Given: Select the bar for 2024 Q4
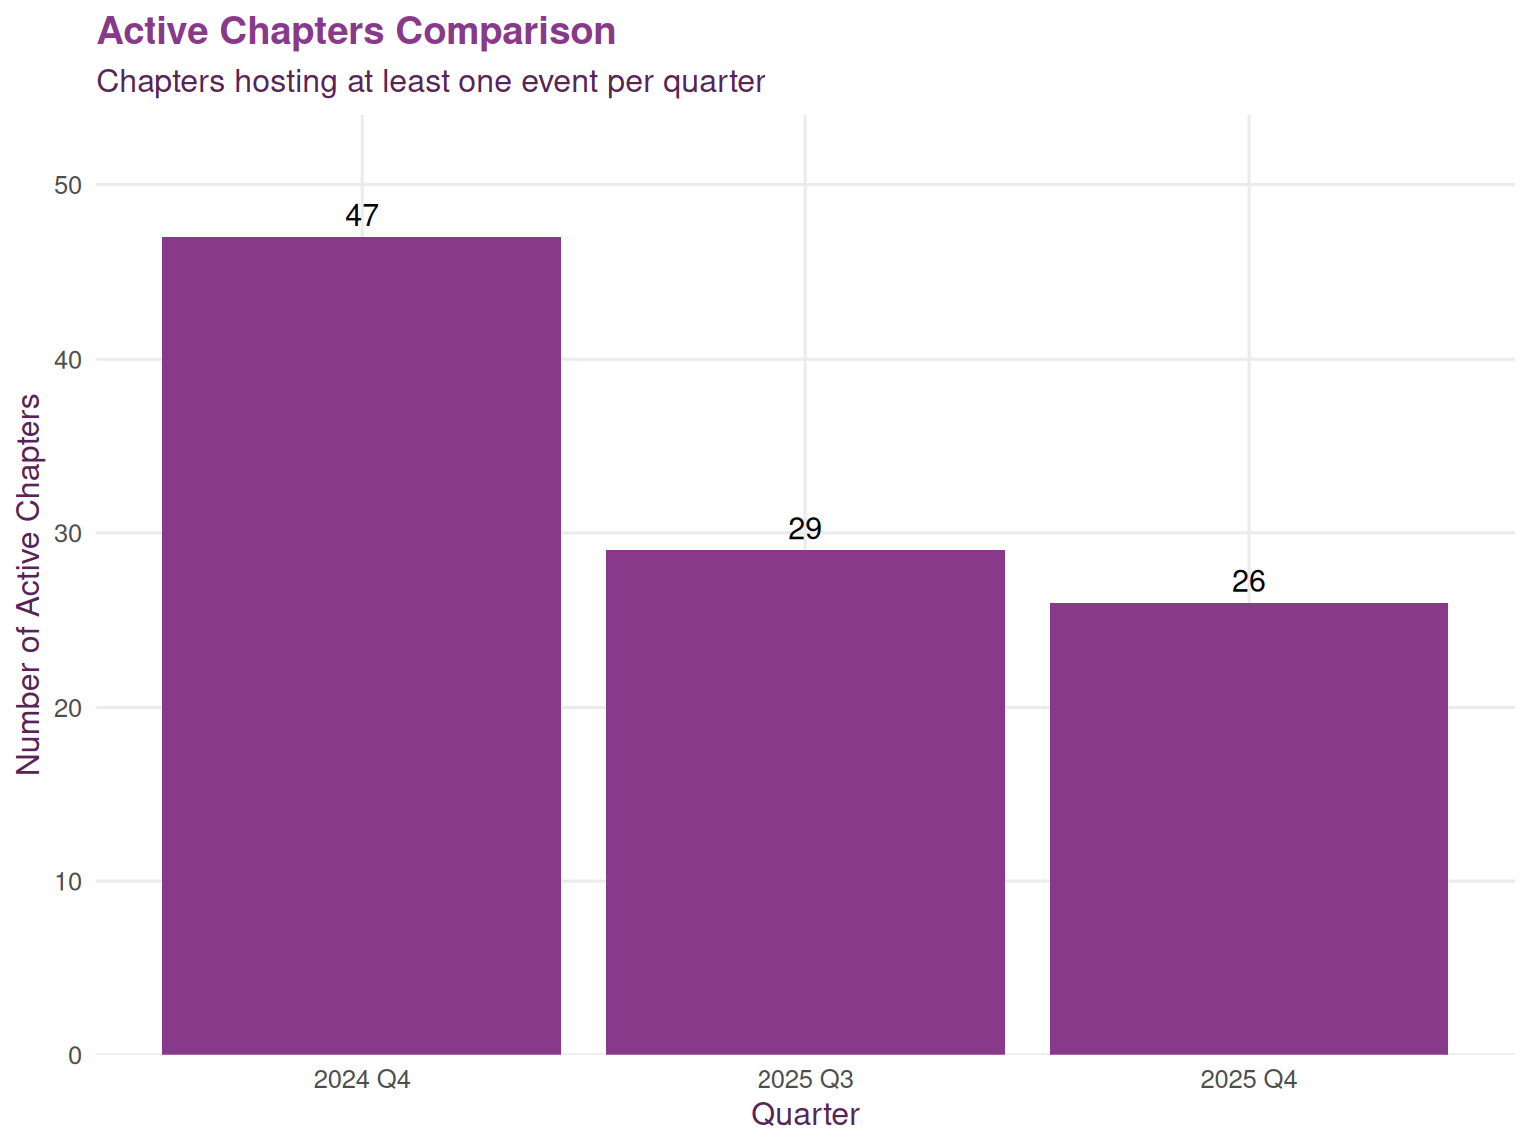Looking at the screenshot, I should [x=362, y=646].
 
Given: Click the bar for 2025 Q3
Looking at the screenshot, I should [x=805, y=802].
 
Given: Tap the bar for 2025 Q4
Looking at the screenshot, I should [x=1248, y=828].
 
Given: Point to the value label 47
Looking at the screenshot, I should [x=362, y=216].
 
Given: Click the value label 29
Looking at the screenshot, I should [x=805, y=529].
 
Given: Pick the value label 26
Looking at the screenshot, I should [x=1248, y=582].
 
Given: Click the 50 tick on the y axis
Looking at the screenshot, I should [x=69, y=186].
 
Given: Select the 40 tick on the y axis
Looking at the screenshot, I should [x=69, y=360].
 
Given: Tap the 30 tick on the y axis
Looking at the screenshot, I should [x=69, y=534].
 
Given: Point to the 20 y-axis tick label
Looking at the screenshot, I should [x=69, y=709].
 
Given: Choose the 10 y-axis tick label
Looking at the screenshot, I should [x=69, y=882].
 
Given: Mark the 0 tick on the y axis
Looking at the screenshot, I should [x=75, y=1056].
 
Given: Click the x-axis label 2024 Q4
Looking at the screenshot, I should [x=362, y=1080].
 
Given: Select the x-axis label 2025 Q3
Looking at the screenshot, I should [x=805, y=1080].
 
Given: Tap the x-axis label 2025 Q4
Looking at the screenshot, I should [x=1248, y=1080].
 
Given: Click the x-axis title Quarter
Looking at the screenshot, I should [x=805, y=1114].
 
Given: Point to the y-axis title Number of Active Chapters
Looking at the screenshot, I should [x=28, y=584].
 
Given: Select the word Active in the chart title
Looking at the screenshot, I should [x=153, y=32].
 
